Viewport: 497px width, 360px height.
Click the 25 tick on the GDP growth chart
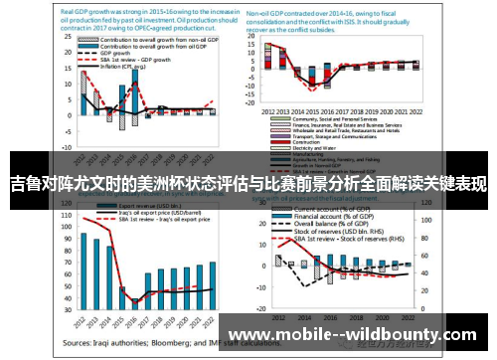(x=70, y=51)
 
